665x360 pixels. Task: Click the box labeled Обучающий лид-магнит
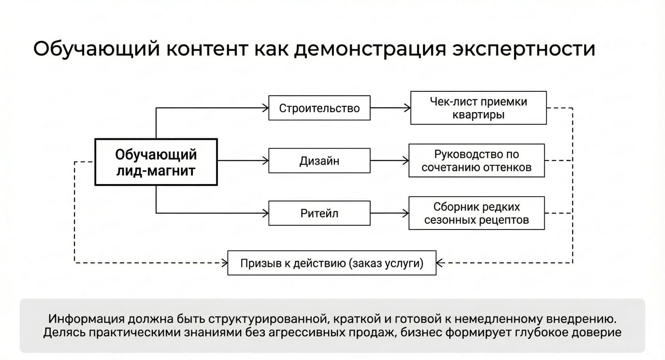pyautogui.click(x=156, y=162)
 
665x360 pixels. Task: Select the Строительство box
pyautogui.click(x=319, y=108)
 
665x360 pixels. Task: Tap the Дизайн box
pyautogui.click(x=319, y=160)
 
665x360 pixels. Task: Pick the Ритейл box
pyautogui.click(x=319, y=213)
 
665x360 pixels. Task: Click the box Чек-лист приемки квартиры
pyautogui.click(x=478, y=108)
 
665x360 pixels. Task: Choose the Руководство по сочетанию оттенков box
pyautogui.click(x=477, y=160)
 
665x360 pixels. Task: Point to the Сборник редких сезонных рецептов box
pyautogui.click(x=477, y=213)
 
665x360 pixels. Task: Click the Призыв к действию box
pyautogui.click(x=332, y=263)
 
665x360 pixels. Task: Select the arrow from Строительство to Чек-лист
pyautogui.click(x=390, y=108)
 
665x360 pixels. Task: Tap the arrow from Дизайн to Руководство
pyautogui.click(x=390, y=160)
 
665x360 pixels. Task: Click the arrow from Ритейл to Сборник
pyautogui.click(x=390, y=213)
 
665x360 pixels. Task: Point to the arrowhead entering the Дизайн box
pyautogui.click(x=265, y=160)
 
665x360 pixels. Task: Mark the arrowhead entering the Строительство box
pyautogui.click(x=265, y=108)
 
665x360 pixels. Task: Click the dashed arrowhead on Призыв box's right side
pyautogui.click(x=440, y=263)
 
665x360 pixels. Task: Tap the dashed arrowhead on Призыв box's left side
pyautogui.click(x=224, y=263)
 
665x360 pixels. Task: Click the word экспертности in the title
pyautogui.click(x=524, y=49)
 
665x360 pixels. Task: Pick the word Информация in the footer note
pyautogui.click(x=87, y=319)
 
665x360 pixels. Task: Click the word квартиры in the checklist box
pyautogui.click(x=478, y=115)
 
